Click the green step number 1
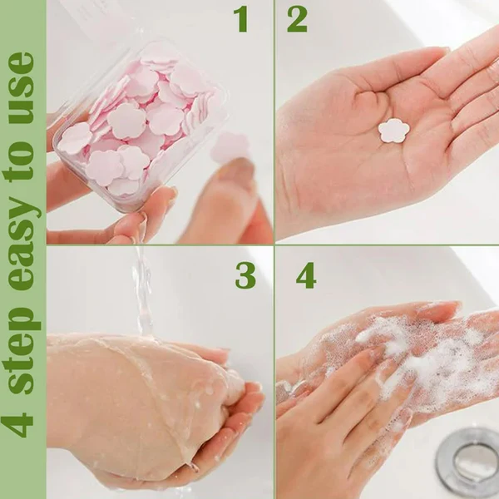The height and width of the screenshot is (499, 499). coord(241,18)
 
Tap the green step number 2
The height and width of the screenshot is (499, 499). coord(297,18)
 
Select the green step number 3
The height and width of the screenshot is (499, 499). coord(245,274)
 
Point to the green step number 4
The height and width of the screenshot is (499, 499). coord(306,274)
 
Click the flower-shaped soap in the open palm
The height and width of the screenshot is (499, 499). coord(393,130)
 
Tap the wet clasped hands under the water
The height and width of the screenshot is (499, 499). coord(150,399)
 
